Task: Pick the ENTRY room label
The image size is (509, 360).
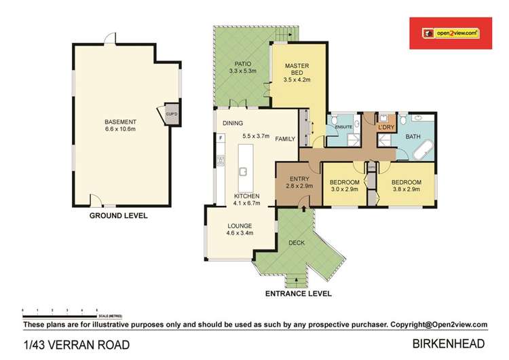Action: tap(299, 179)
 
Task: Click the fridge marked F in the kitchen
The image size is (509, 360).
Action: tap(221, 139)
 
